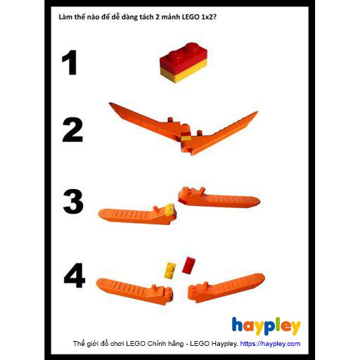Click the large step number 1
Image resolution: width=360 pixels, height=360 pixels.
tap(69, 63)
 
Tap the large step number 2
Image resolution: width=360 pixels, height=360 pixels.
tap(72, 130)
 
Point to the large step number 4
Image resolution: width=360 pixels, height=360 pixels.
tap(74, 275)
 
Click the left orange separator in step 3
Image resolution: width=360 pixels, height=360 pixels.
tap(134, 214)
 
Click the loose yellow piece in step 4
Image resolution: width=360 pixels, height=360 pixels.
tap(170, 268)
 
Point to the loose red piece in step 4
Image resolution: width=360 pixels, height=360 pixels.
tap(188, 264)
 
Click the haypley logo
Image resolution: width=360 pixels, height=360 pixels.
tap(266, 326)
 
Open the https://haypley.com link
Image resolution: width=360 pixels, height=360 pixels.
tap(270, 344)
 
